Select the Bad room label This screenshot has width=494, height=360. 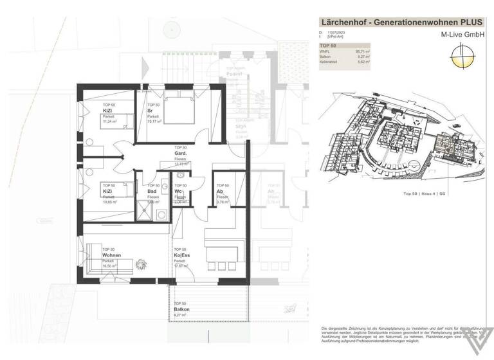pos(152,192)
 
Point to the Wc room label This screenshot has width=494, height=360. pos(178,192)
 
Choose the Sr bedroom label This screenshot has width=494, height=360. pos(150,111)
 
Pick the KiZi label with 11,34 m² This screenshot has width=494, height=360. pos(108,111)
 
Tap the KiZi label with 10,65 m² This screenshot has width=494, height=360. pos(108,192)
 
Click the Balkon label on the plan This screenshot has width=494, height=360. pos(181,309)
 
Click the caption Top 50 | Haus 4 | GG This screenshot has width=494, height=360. pos(424,193)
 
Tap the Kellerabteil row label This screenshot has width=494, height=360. pos(331,62)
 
